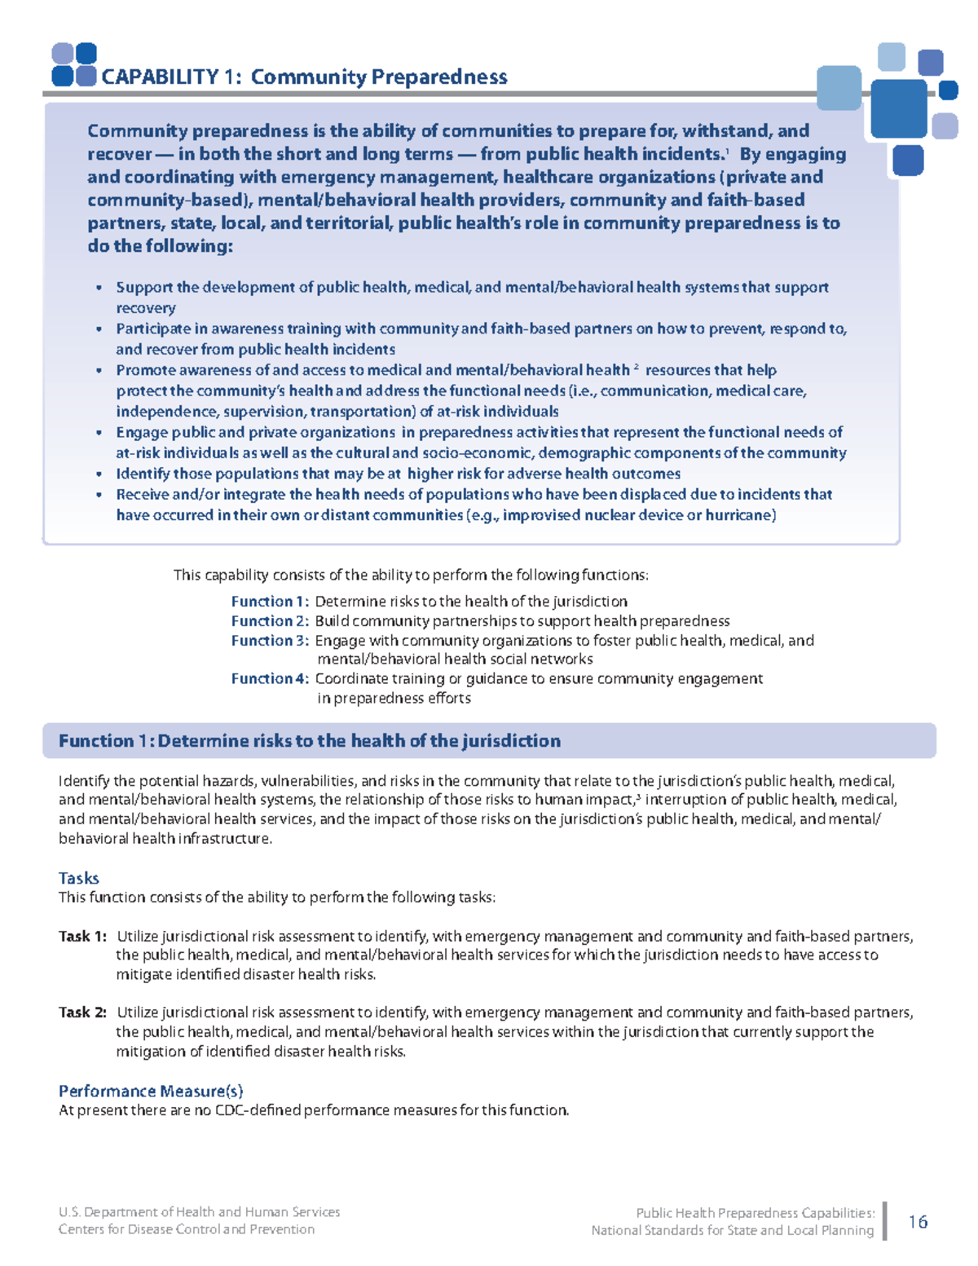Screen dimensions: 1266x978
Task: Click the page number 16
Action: [918, 1221]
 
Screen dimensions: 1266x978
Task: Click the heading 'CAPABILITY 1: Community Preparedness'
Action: [304, 77]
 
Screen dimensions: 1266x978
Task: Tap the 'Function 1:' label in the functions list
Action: [270, 602]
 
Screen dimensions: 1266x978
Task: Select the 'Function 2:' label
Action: [270, 621]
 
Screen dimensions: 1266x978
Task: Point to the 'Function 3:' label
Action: [270, 641]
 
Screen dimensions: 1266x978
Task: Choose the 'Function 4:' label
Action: [270, 679]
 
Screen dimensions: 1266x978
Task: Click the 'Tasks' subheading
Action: [79, 878]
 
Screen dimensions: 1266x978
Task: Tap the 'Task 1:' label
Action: [82, 937]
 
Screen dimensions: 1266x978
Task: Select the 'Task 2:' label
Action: [82, 1012]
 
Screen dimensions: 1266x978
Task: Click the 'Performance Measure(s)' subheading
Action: [151, 1091]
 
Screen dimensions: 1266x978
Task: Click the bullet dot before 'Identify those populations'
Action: [99, 474]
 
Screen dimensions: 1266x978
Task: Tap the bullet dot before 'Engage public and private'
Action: [99, 433]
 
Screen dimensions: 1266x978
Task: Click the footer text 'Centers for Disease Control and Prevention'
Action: [187, 1229]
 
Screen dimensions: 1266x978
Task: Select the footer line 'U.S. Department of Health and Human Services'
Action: [200, 1212]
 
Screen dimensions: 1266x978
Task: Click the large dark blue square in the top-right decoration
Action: [899, 108]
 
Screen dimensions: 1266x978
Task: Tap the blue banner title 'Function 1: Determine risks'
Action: [310, 741]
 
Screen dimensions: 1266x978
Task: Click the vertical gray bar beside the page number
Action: [886, 1221]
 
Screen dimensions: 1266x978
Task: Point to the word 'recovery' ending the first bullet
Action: [146, 308]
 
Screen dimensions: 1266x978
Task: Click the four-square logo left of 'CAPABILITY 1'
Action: [74, 65]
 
